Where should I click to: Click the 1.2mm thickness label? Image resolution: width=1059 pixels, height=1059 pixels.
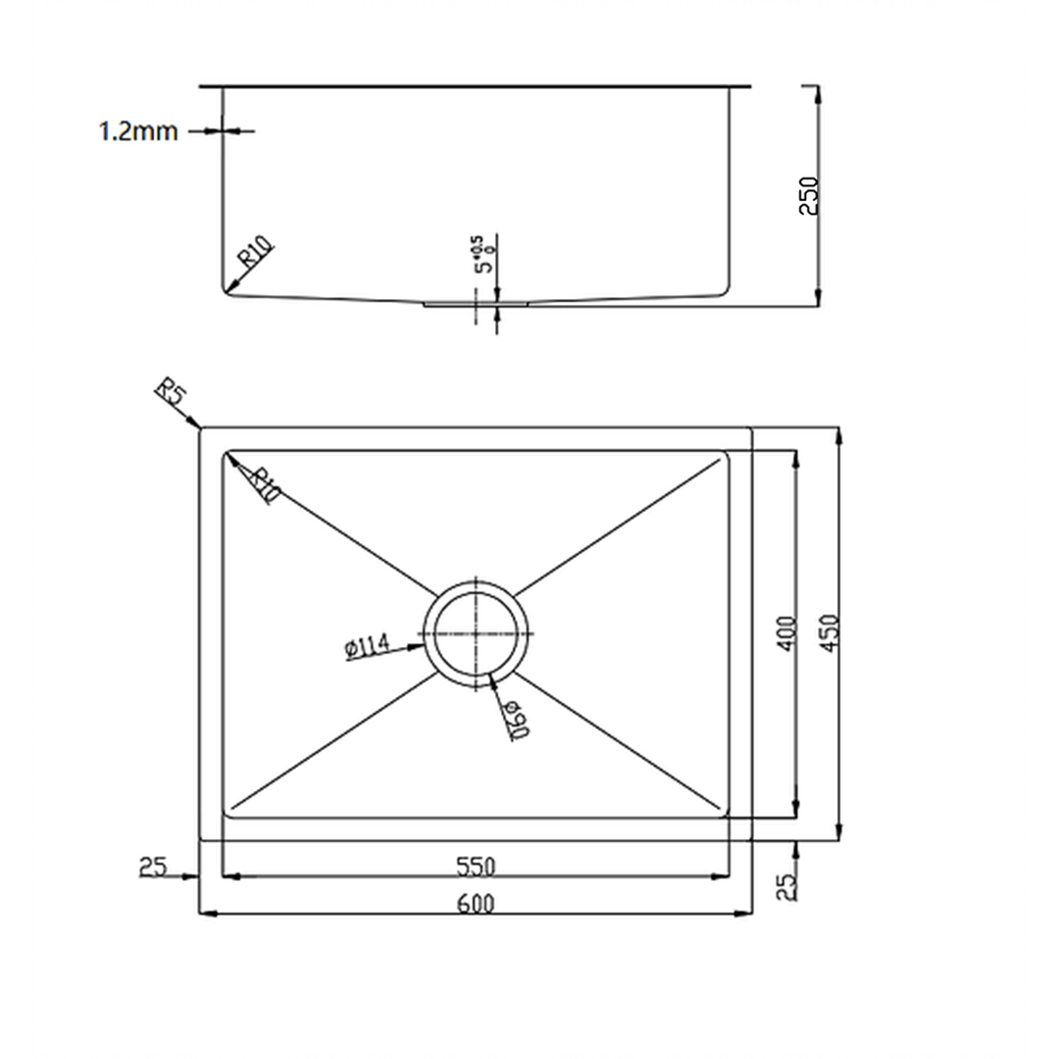(x=138, y=131)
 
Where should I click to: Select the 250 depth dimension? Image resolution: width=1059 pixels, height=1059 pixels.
(x=809, y=196)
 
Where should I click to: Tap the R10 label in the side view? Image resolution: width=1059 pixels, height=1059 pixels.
(x=256, y=253)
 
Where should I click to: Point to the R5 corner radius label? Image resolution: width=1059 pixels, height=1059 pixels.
(x=170, y=394)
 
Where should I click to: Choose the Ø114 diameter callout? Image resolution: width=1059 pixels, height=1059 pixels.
(x=368, y=647)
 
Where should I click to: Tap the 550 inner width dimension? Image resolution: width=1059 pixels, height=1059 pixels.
(x=476, y=866)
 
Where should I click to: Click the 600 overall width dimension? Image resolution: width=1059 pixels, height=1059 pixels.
(x=476, y=903)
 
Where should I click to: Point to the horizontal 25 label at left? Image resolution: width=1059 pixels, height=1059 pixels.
(x=152, y=866)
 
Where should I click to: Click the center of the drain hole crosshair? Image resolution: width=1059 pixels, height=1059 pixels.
(x=476, y=634)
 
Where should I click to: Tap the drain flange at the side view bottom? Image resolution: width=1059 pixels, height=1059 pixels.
(x=476, y=304)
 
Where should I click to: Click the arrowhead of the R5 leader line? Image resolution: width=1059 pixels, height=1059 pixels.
(x=199, y=427)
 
